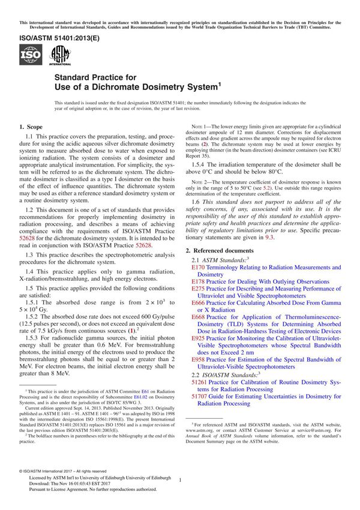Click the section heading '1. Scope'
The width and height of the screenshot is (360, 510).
tap(31, 127)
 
